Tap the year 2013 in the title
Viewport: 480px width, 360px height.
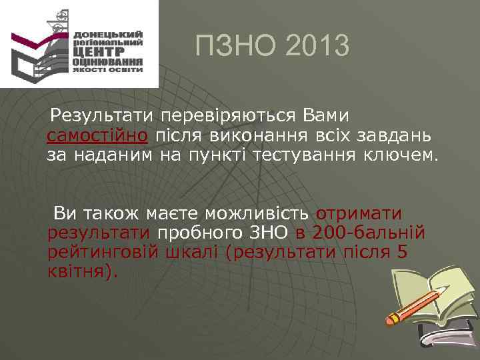(x=316, y=46)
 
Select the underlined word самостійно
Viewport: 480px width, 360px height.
(x=97, y=136)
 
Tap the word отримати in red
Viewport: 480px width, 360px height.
(x=359, y=214)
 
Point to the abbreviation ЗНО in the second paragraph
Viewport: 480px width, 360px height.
(x=269, y=233)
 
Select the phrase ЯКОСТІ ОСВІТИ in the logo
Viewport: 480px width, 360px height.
(x=108, y=69)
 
